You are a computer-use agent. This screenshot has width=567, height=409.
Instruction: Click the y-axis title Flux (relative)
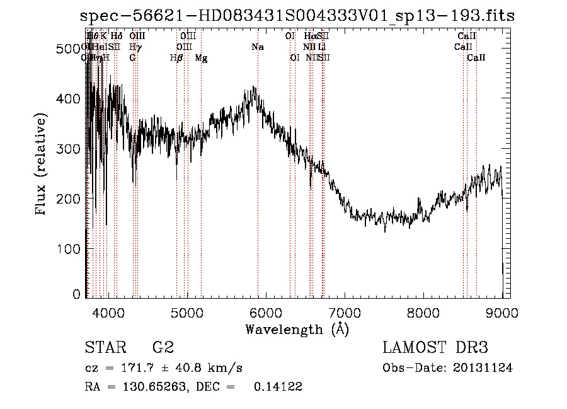[x=42, y=165]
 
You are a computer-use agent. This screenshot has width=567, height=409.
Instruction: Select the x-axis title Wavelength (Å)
[x=297, y=329]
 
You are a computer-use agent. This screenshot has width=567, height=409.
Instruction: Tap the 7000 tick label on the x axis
[x=345, y=312]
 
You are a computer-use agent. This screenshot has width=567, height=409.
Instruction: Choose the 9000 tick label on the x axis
[x=502, y=312]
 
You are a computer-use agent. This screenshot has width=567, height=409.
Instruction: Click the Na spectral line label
[x=258, y=47]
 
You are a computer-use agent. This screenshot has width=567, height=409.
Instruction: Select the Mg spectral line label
[x=201, y=58]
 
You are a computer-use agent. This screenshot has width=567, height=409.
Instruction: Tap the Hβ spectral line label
[x=176, y=58]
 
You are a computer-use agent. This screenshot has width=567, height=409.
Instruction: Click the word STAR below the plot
[x=104, y=348]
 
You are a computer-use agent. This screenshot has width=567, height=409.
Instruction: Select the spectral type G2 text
[x=163, y=348]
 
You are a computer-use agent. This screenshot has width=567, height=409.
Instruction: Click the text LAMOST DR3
[x=435, y=348]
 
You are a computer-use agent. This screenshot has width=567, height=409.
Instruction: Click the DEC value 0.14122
[x=278, y=387]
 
